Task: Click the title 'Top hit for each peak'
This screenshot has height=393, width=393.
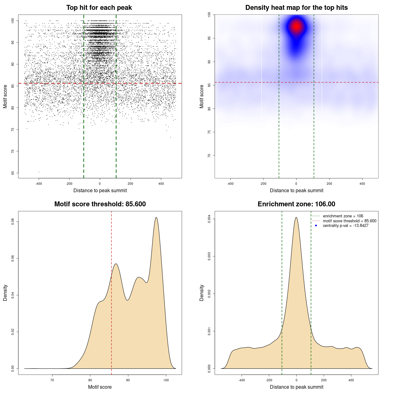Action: (x=99, y=8)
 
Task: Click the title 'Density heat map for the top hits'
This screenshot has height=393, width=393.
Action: (x=296, y=8)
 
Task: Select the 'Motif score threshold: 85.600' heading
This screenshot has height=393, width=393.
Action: (x=100, y=204)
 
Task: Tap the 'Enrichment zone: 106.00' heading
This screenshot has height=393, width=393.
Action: (x=296, y=204)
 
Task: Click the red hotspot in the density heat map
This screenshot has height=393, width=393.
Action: (x=296, y=26)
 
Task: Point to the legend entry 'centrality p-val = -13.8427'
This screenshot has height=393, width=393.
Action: (x=345, y=226)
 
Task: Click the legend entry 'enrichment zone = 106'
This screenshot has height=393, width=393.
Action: (x=343, y=216)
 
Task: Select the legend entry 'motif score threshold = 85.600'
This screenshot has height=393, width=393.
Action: (x=349, y=221)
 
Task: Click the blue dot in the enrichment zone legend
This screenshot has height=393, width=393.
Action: (x=316, y=226)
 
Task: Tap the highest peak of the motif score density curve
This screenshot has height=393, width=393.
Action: (x=156, y=218)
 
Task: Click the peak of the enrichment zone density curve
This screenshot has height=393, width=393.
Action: (x=296, y=218)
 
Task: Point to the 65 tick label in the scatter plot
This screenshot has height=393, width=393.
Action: (x=13, y=173)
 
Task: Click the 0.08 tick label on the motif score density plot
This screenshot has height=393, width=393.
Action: (x=13, y=222)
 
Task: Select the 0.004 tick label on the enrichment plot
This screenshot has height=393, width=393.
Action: (x=209, y=219)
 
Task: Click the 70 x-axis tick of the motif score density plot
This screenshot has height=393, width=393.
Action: (x=52, y=380)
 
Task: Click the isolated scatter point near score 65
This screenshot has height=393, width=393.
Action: (x=39, y=172)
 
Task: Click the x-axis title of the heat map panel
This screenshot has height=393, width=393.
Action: (x=296, y=191)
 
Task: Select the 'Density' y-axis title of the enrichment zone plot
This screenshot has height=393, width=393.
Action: (x=202, y=293)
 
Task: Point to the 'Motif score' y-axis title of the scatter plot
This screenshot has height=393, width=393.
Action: (x=5, y=96)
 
